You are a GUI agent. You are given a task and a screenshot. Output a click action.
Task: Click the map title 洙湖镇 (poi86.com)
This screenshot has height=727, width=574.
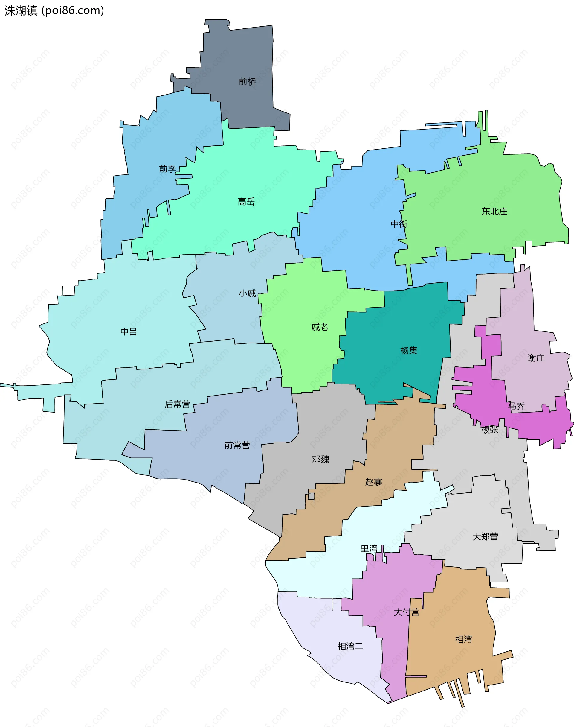tap(54, 11)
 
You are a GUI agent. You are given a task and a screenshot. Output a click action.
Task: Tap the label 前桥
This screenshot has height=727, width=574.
tap(247, 82)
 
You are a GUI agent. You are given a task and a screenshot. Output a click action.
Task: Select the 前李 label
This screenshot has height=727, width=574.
tap(167, 169)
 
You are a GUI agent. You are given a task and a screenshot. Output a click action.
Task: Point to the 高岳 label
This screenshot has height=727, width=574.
tap(246, 202)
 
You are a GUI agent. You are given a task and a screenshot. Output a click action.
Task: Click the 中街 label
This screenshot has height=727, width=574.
tap(399, 224)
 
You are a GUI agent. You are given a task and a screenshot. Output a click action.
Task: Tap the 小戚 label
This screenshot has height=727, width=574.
tap(247, 293)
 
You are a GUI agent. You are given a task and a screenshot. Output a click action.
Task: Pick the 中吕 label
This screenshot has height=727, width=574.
tap(129, 332)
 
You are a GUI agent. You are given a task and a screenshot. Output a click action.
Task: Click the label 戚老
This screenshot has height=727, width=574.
tap(320, 327)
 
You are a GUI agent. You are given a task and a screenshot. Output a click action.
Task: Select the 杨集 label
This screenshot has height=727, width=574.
tap(409, 351)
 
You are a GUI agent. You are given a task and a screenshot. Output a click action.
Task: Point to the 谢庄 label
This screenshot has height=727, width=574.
tap(536, 358)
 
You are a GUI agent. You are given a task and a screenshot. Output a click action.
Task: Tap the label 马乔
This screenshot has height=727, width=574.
tap(516, 407)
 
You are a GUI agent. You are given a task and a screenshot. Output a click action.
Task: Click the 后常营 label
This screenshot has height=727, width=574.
tap(177, 404)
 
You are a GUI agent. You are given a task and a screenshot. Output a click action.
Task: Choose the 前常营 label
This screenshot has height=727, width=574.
tap(237, 445)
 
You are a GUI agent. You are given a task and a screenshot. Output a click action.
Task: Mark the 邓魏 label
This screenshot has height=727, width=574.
tap(320, 459)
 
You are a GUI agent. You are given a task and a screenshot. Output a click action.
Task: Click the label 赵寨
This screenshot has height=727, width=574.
tap(374, 482)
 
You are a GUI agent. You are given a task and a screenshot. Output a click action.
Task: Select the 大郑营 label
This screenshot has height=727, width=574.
tap(485, 537)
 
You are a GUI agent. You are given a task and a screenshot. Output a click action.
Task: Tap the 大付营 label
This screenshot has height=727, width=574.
tap(406, 612)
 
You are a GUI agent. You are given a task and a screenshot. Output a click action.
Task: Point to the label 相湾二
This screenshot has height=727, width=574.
tap(350, 646)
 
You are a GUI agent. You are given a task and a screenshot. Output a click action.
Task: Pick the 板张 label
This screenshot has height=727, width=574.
tap(490, 430)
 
